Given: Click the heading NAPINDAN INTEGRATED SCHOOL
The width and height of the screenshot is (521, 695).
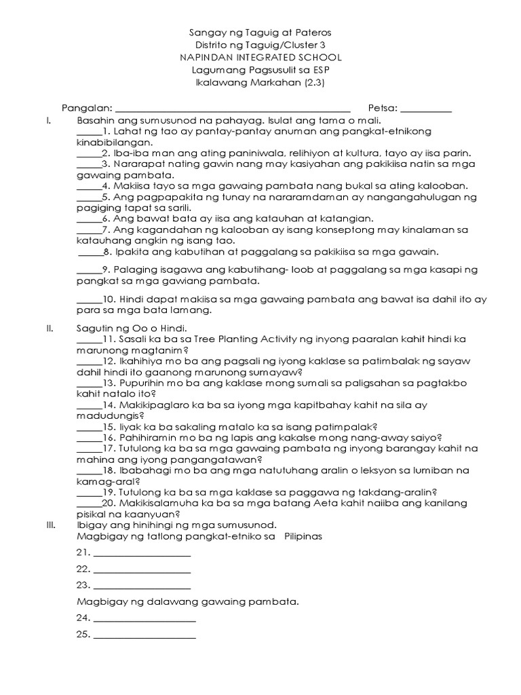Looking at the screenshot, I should tap(260, 58).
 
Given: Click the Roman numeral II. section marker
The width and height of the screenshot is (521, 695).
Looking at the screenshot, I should tap(50, 328).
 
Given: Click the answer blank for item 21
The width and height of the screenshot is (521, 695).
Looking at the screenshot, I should tap(142, 556).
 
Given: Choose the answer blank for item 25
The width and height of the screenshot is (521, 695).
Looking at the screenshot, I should tap(144, 637).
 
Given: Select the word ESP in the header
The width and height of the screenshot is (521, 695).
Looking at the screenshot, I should tap(321, 70).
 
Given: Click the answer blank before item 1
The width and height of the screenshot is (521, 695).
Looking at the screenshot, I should tap(88, 132).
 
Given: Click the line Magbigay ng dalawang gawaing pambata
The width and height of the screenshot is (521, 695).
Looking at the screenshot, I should tap(188, 602).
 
